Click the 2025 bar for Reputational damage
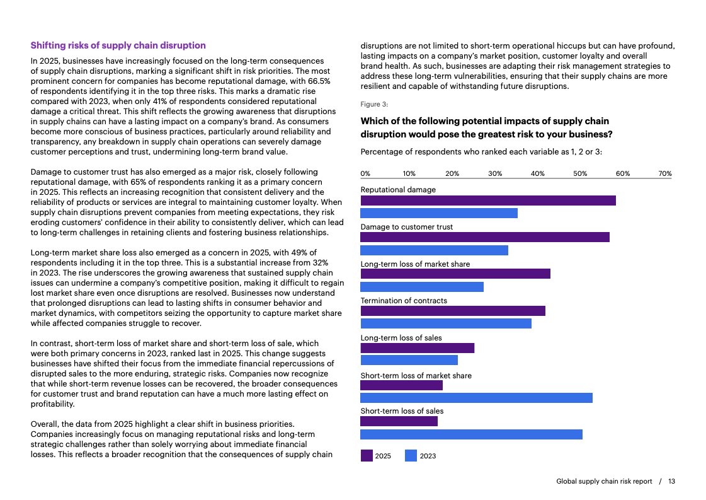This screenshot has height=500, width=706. coord(488,201)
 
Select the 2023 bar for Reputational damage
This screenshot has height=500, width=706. coord(439,213)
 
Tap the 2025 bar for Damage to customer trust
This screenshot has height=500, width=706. coord(485,237)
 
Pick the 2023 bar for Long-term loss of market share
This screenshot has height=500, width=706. coord(422,287)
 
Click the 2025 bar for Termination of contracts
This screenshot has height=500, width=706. coord(453,311)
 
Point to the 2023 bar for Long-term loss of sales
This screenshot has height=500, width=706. coord(409,360)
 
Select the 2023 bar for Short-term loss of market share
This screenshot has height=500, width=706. coord(476,397)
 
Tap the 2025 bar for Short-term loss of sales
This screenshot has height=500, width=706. coord(399,421)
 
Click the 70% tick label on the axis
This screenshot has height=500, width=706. coord(665,173)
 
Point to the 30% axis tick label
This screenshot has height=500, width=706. coord(494,173)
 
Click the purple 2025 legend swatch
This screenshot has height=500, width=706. coord(367,456)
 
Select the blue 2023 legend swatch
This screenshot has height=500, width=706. coord(411,456)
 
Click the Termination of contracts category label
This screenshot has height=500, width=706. coord(404,301)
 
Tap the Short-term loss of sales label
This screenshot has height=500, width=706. coord(402,411)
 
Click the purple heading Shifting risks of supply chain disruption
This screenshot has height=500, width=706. coord(118,45)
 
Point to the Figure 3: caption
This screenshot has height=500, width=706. coord(374,104)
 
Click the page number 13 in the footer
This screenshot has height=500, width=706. coord(671,481)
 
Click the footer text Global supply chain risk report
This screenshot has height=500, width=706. coord(604,481)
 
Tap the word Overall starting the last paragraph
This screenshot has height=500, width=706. coord(45,424)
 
